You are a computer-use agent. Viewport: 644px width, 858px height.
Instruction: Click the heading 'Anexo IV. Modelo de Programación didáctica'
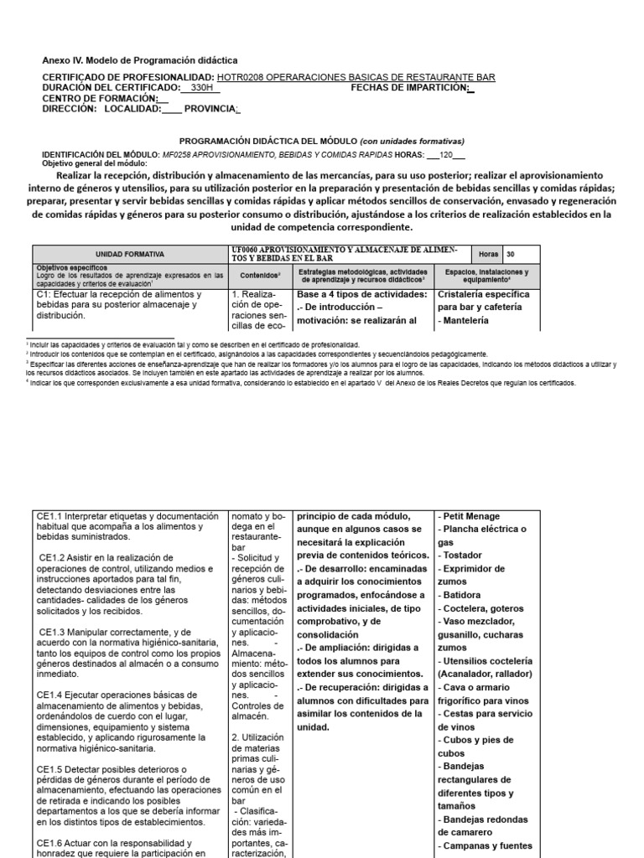[x=140, y=60]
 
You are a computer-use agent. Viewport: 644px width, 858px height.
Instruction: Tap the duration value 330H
[x=201, y=87]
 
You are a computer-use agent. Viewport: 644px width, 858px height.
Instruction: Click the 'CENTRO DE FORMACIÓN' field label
[x=99, y=98]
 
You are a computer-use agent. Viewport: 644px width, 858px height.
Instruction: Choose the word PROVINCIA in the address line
[x=210, y=109]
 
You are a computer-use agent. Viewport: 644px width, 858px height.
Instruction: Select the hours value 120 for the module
[x=446, y=156]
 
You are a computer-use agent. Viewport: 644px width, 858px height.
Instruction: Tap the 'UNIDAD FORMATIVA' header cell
[x=130, y=254]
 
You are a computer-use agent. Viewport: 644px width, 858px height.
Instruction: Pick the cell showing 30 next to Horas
[x=512, y=254]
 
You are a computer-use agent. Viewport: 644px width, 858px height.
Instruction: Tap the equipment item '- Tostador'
[x=461, y=556]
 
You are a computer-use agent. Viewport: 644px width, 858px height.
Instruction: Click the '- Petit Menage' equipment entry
[x=469, y=516]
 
